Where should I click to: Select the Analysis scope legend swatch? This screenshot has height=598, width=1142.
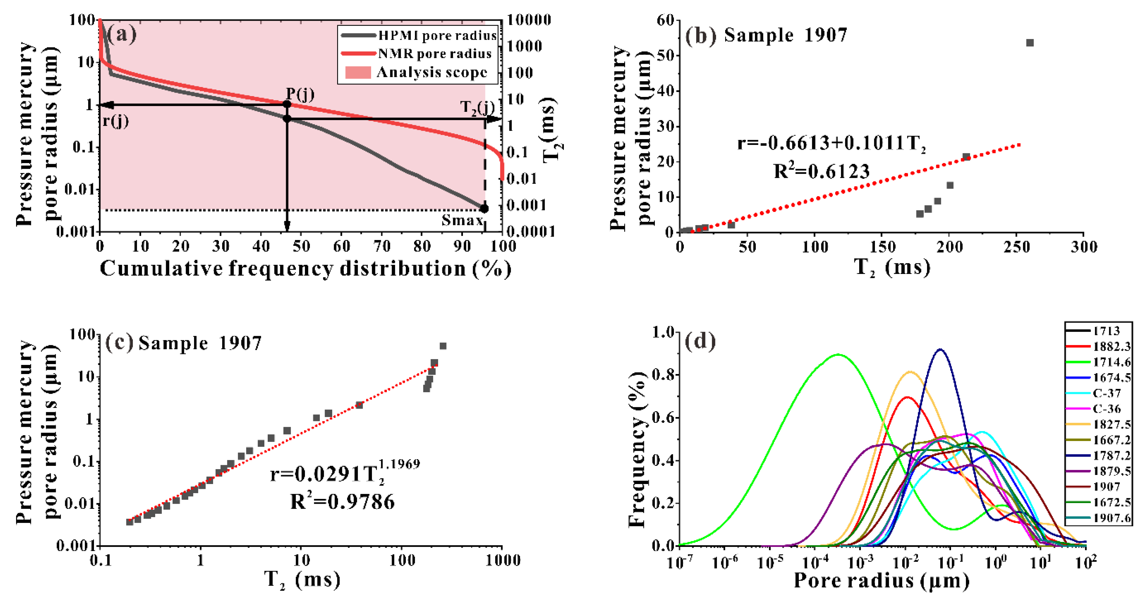(x=358, y=72)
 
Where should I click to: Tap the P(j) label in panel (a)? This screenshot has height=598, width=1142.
(x=300, y=94)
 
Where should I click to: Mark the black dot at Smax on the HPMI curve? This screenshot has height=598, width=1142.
(x=484, y=208)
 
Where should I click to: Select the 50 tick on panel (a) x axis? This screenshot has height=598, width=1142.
(x=301, y=246)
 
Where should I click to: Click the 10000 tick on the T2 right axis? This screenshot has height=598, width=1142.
(x=528, y=20)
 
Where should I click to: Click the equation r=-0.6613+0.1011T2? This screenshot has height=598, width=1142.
(x=831, y=143)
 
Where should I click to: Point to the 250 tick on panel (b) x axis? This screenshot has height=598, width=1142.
(x=1016, y=247)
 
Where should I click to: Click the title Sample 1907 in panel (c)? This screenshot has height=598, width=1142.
(x=199, y=343)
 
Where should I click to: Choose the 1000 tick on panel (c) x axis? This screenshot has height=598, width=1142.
(x=503, y=560)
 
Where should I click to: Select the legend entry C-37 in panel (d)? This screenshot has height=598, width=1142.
(x=1107, y=393)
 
